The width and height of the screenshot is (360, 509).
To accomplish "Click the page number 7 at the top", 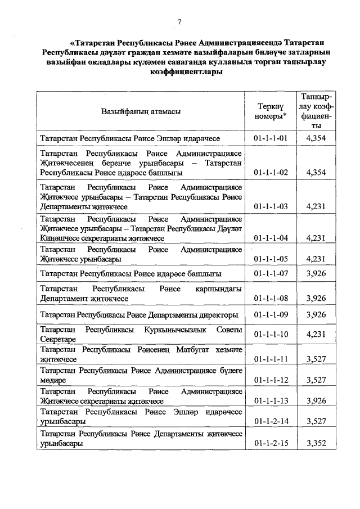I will click(x=179, y=21).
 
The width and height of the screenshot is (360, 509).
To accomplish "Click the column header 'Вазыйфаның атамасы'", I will click(x=141, y=111).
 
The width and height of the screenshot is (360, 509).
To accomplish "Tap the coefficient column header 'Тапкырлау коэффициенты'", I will click(x=316, y=111).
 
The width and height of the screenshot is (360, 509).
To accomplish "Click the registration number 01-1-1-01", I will click(x=271, y=138).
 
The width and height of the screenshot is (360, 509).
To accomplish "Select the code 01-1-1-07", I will click(x=271, y=273).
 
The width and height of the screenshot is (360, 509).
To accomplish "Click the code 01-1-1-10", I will click(x=271, y=334).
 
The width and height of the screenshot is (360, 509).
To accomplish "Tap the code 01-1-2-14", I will click(x=271, y=421).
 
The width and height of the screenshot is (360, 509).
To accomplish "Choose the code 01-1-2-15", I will click(x=271, y=443).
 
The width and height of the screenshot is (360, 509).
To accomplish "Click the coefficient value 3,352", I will click(x=317, y=443).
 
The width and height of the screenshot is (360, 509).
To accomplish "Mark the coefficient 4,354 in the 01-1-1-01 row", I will click(x=317, y=138).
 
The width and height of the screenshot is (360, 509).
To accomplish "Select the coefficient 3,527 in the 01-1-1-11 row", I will click(x=317, y=358).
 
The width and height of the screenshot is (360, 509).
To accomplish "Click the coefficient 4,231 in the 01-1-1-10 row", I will click(x=317, y=334).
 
